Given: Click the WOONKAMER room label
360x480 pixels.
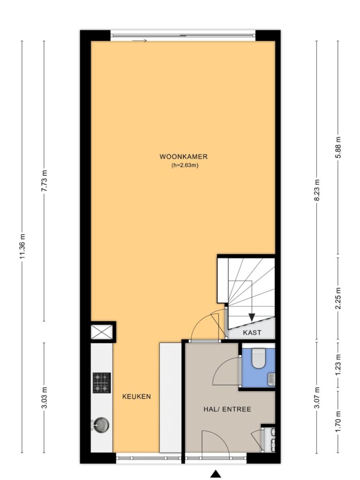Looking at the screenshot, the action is tap(183, 157).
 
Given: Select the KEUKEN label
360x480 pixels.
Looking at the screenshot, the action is tap(136, 397).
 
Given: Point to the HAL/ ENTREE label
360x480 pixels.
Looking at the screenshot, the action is tap(227, 409).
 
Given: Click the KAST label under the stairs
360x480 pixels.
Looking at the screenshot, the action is tap(252, 332).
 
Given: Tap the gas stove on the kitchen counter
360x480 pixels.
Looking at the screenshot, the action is tap(102, 382).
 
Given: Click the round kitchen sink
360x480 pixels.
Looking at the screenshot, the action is tap(101, 425).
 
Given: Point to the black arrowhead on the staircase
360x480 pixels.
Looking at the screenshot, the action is tap(252, 317).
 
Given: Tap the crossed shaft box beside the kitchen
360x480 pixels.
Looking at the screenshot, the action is tap(102, 332).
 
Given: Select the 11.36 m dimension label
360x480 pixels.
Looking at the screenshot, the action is tap(22, 246).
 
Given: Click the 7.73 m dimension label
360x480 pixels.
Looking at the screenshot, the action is tap(44, 181).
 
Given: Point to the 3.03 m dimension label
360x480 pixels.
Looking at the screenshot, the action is tap(44, 397).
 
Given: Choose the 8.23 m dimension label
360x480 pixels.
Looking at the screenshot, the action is tap(317, 190).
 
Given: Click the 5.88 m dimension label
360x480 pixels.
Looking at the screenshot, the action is tap(338, 147).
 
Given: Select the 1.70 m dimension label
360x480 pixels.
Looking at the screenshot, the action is tap(338, 422).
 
